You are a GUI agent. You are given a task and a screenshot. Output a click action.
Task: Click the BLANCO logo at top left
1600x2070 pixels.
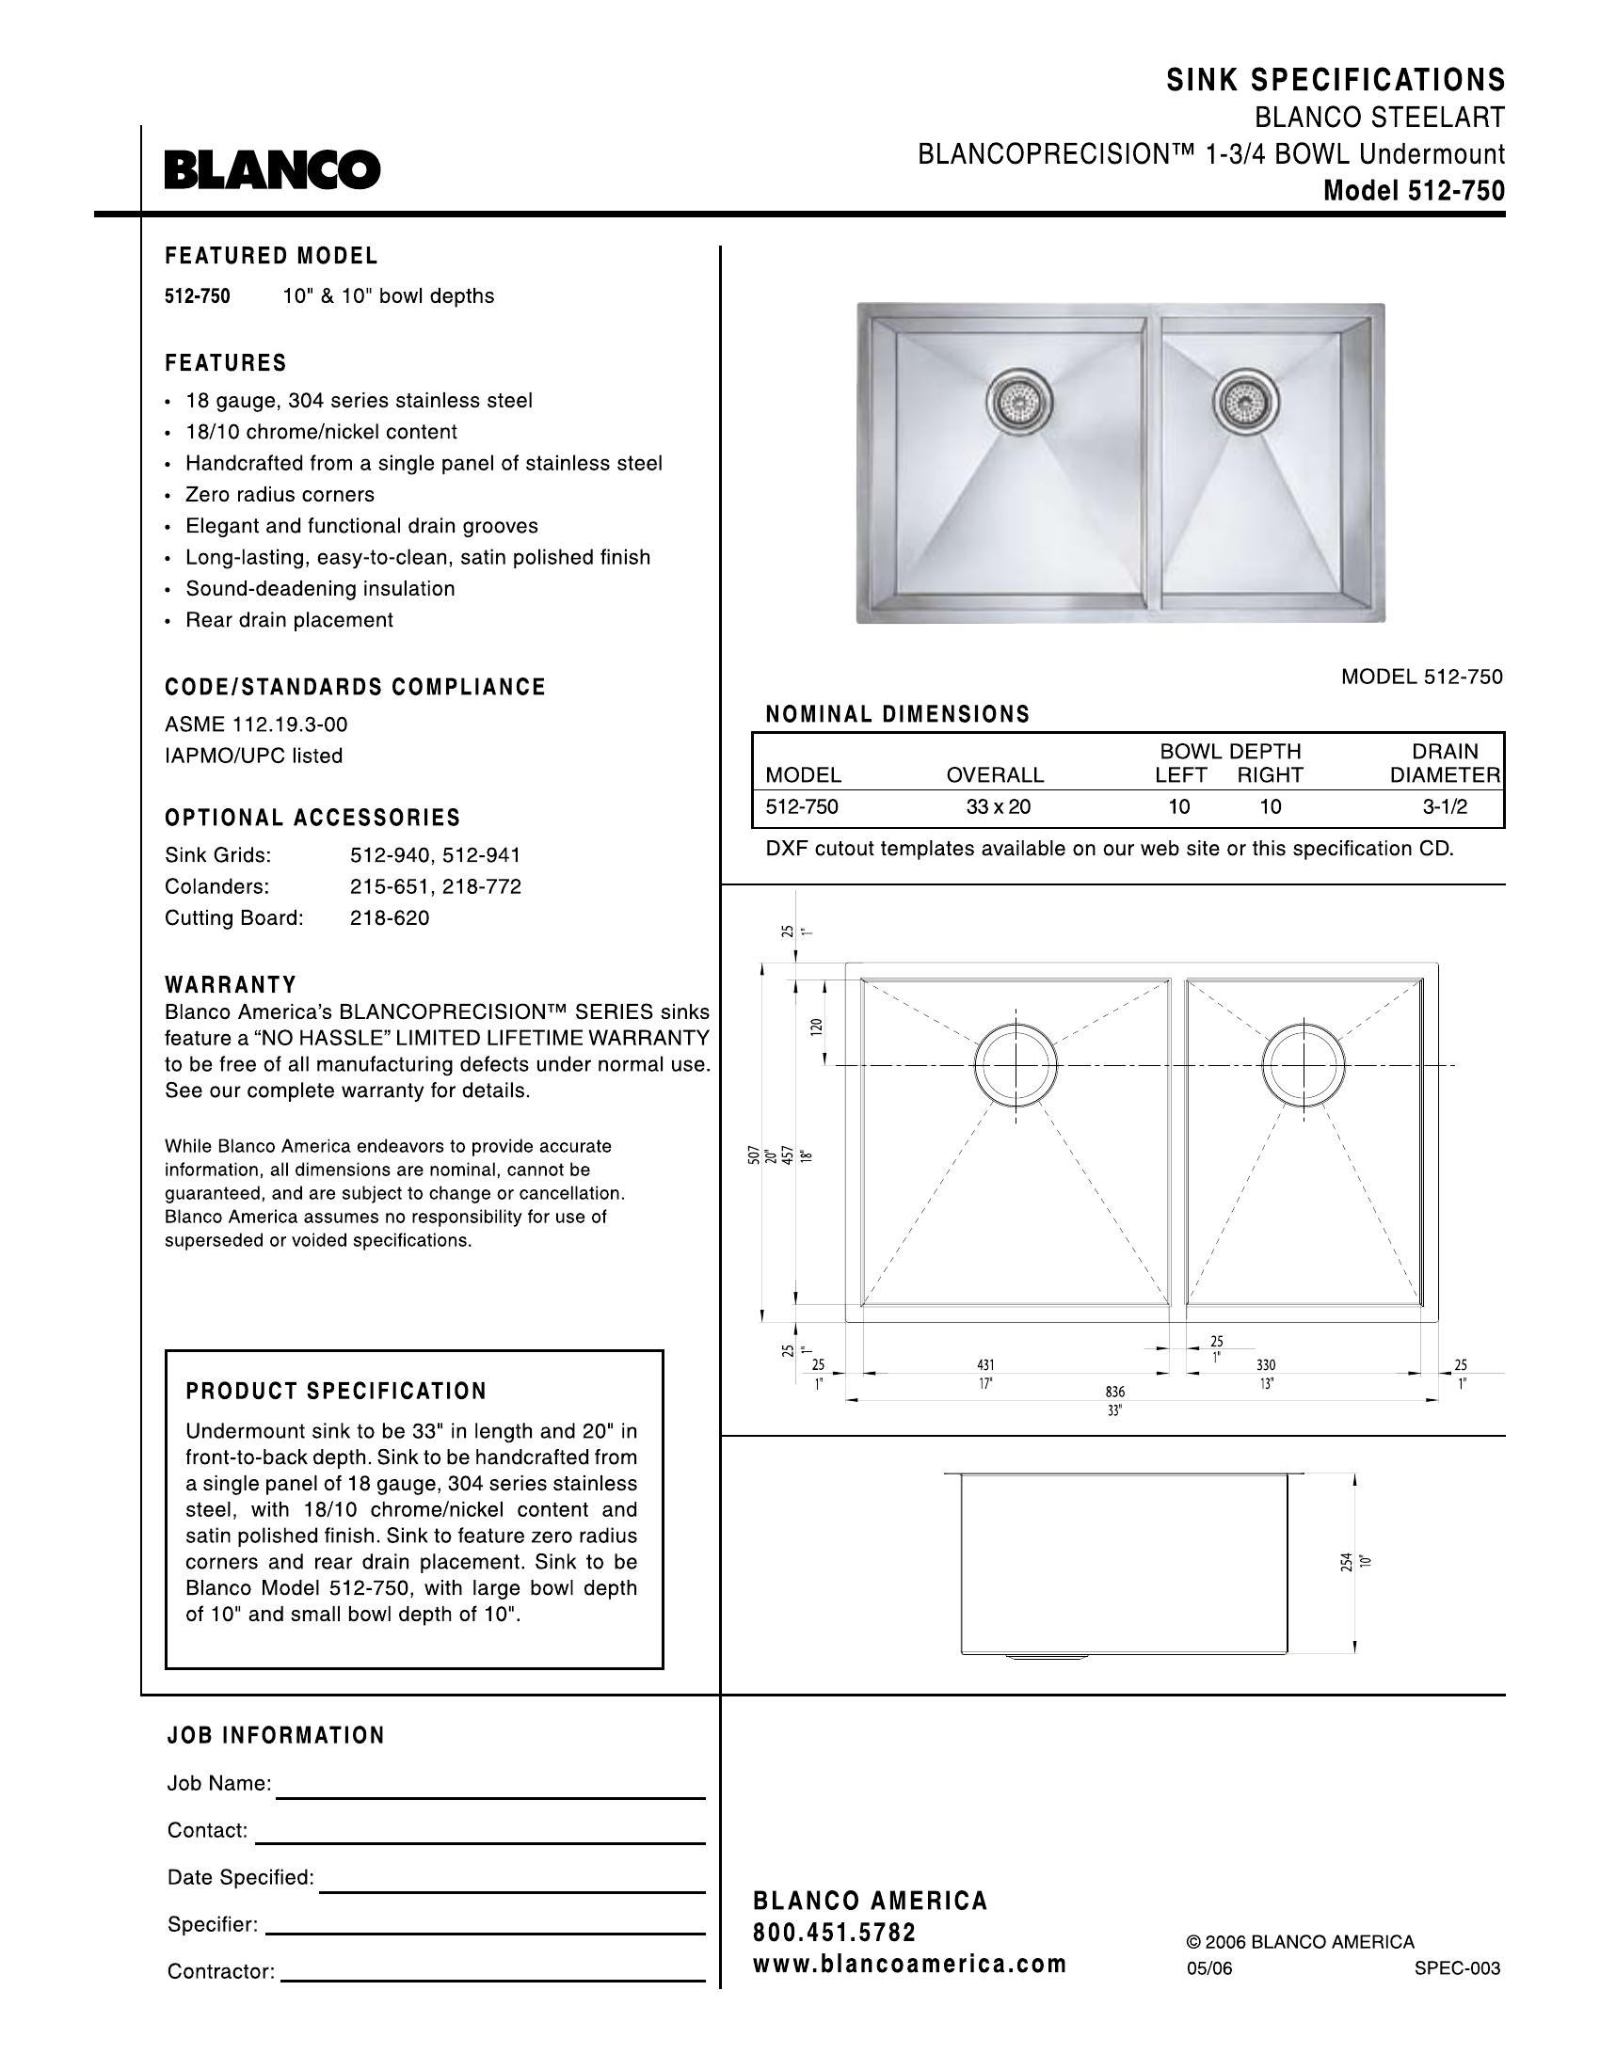click(x=272, y=170)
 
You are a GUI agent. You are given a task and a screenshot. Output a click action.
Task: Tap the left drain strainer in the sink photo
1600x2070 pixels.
click(x=1019, y=401)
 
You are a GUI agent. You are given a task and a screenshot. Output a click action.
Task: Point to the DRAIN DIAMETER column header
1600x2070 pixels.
click(x=1445, y=763)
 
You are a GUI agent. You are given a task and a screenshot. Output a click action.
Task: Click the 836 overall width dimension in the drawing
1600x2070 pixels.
click(x=1114, y=1392)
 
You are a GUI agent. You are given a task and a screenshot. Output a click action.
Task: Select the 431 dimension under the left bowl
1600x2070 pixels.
click(x=985, y=1365)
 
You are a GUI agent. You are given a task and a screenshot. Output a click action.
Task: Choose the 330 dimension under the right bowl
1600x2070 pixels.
click(x=1266, y=1365)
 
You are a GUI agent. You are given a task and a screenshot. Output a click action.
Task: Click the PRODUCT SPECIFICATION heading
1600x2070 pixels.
click(x=337, y=1392)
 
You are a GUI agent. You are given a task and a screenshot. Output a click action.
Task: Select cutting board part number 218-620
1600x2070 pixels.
click(x=390, y=917)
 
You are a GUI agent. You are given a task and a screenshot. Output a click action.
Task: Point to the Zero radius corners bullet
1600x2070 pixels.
click(x=280, y=495)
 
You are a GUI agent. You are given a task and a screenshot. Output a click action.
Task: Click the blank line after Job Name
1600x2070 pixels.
click(x=490, y=1797)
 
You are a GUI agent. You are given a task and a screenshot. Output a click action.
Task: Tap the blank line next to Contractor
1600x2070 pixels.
click(x=493, y=1981)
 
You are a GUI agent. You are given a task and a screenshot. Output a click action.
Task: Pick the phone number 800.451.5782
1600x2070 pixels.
click(x=834, y=1933)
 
